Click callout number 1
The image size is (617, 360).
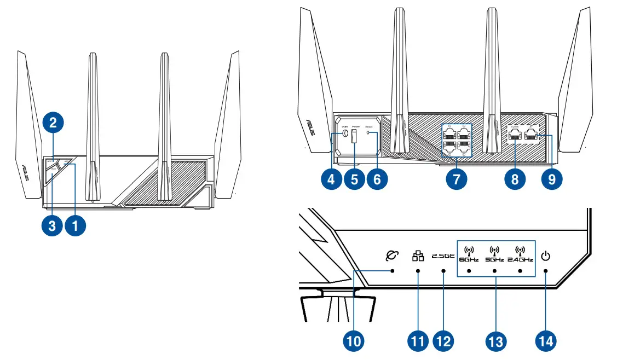click(x=75, y=225)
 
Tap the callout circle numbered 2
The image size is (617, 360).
click(x=53, y=123)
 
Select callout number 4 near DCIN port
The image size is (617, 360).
click(x=332, y=179)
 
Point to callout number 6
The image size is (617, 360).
click(x=377, y=179)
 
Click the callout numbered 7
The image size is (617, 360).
click(x=457, y=179)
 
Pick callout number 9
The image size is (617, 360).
click(x=551, y=179)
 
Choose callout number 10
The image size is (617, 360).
click(x=354, y=340)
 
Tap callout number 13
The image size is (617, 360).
click(x=496, y=340)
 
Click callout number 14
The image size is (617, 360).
click(x=546, y=340)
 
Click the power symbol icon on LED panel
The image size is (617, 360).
click(x=545, y=256)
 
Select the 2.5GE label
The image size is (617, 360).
click(x=442, y=256)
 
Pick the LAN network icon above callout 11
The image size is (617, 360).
click(x=418, y=255)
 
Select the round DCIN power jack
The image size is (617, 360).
click(x=345, y=133)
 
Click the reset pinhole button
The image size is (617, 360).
click(x=368, y=133)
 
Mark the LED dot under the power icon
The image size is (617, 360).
click(x=545, y=271)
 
